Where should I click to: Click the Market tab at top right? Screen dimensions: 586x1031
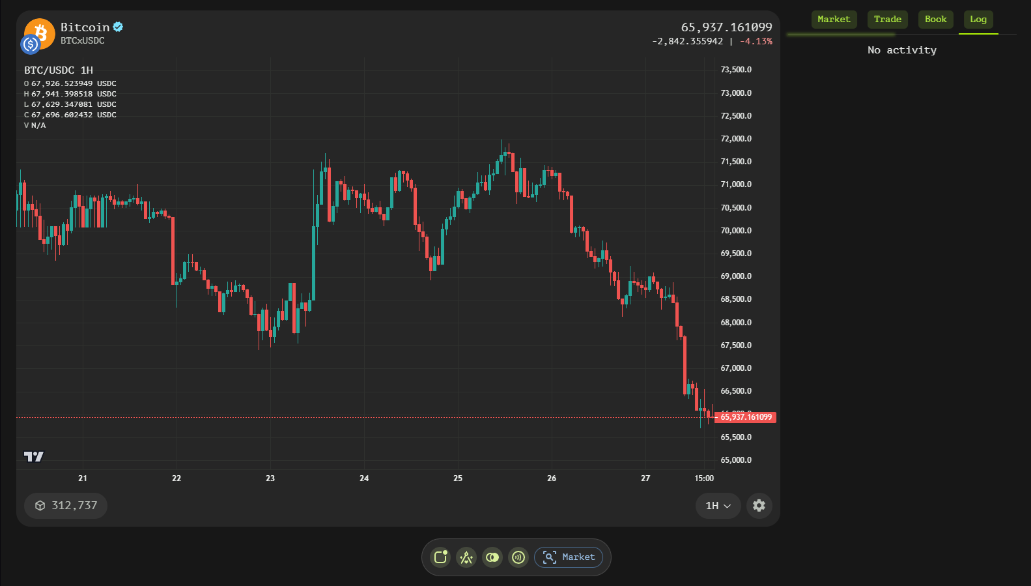(834, 20)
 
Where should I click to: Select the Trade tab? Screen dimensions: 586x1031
(887, 20)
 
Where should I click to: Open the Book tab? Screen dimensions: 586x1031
(935, 20)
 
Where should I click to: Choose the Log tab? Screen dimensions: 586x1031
(978, 20)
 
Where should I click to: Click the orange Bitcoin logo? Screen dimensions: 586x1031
(41, 33)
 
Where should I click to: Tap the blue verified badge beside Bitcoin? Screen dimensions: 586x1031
(118, 27)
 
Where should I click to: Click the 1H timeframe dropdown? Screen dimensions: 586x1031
(718, 506)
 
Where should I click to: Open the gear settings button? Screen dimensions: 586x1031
(759, 506)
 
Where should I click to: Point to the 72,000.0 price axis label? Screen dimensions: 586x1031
(736, 139)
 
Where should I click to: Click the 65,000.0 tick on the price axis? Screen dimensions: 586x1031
(736, 460)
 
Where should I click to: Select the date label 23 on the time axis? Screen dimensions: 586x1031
(270, 478)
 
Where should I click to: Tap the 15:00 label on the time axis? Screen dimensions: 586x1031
(704, 478)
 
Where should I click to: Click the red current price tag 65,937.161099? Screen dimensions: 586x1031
(746, 417)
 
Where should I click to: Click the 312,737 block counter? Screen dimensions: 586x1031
(66, 506)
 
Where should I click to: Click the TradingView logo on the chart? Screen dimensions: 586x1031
(34, 456)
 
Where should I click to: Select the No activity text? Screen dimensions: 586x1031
(901, 50)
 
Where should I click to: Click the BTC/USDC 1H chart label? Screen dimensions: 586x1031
(59, 70)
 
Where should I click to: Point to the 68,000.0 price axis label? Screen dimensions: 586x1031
(736, 323)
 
